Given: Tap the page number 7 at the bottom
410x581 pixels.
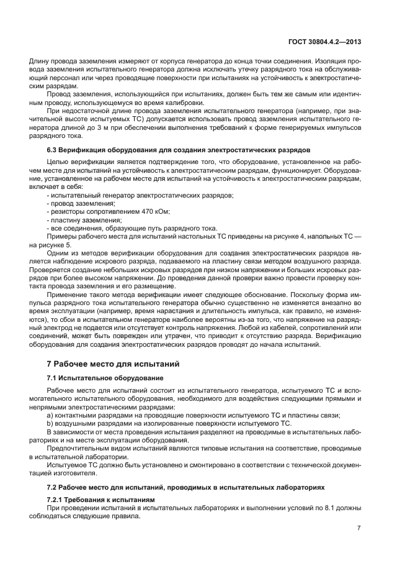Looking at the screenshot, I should coord(359,528).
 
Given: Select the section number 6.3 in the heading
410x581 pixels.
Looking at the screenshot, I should coord(53,150).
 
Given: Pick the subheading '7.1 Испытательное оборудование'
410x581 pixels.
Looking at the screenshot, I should coord(96,378).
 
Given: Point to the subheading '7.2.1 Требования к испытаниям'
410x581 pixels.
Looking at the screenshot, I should coord(100,500).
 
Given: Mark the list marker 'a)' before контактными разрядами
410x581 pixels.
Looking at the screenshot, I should coord(50,415).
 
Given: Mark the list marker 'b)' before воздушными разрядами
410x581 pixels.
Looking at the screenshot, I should coord(50,423).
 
